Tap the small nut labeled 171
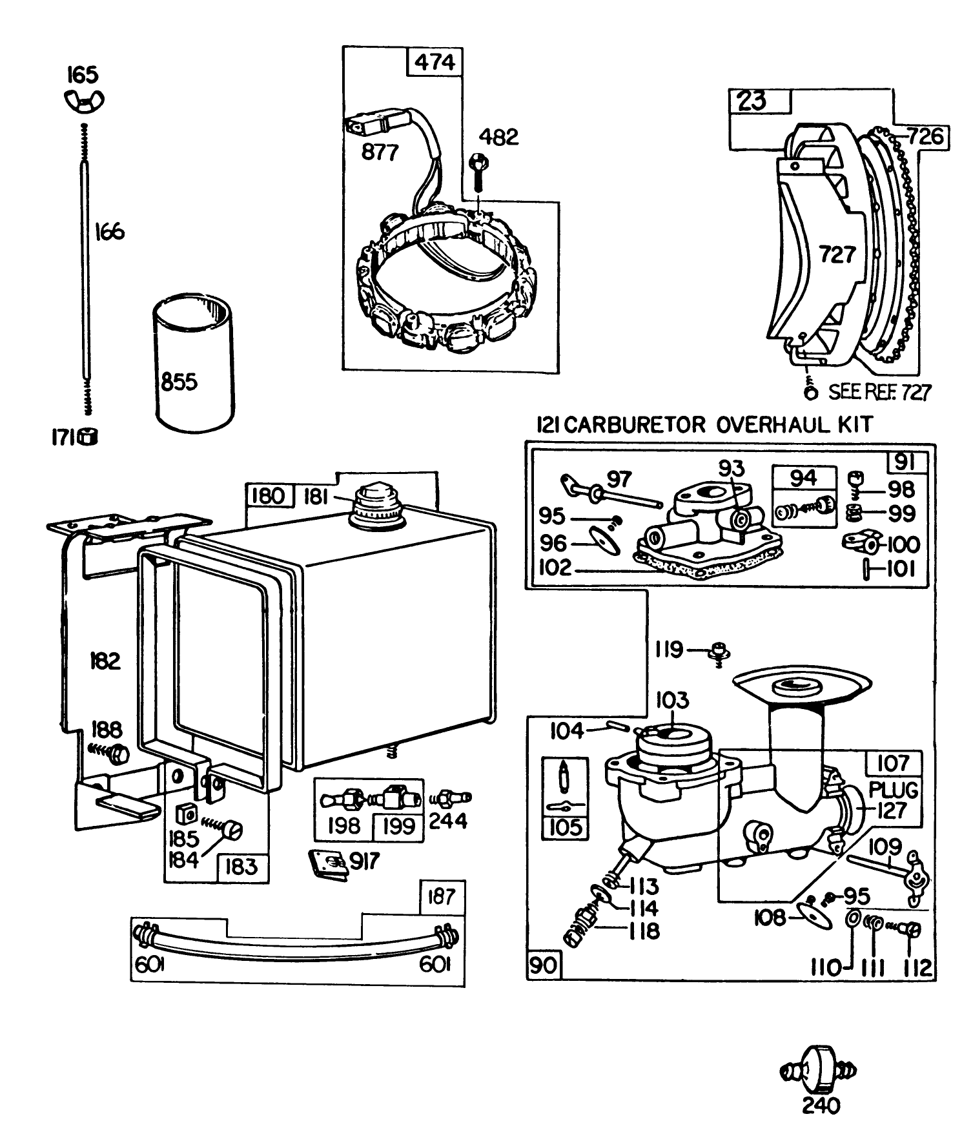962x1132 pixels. point(88,437)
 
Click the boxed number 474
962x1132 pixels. point(434,63)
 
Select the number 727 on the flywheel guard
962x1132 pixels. point(837,254)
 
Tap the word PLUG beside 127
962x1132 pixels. point(893,790)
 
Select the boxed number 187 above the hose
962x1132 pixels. point(442,896)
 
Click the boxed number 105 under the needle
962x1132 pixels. point(565,827)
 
